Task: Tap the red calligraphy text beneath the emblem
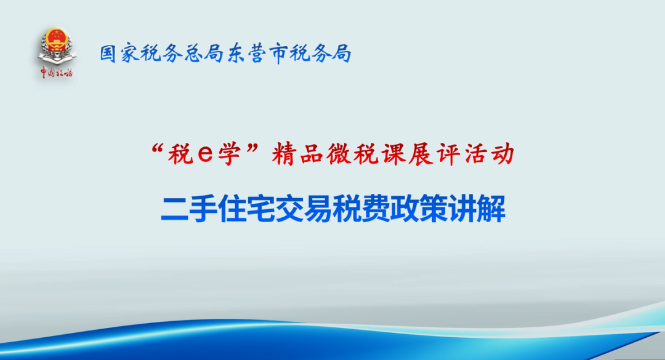coord(57,73)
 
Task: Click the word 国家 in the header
coord(119,54)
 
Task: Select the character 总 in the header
coord(194,54)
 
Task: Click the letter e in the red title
coord(205,154)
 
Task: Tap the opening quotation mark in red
coord(158,149)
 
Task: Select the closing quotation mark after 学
coord(253,149)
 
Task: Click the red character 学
coord(230,154)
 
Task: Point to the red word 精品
coord(297,154)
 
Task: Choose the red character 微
coord(338,154)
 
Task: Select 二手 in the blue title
coord(189,209)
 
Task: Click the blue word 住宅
coord(246,209)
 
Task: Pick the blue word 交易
coord(303,209)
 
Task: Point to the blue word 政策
coord(419,209)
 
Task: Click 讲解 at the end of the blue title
coord(477,209)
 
